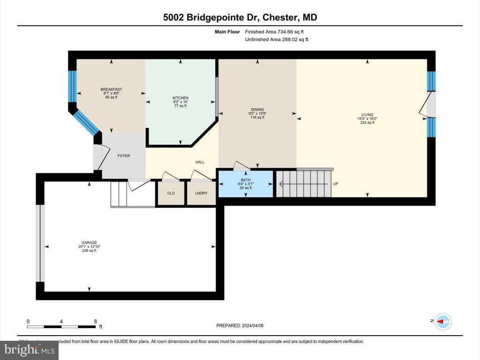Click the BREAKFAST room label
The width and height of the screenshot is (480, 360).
(111, 90)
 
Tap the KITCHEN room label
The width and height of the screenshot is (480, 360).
(180, 98)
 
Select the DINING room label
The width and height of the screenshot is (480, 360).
(257, 109)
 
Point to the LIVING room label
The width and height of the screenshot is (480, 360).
(367, 114)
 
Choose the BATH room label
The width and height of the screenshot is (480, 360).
(246, 180)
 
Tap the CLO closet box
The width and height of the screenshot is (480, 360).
(171, 193)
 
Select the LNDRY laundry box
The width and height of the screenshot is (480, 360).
(201, 193)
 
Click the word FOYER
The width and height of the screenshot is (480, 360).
(124, 156)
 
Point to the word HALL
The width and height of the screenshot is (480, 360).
(200, 162)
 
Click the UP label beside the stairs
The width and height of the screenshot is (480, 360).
(335, 184)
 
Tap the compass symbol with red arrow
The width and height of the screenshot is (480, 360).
(443, 321)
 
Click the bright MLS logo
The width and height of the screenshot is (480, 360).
(29, 349)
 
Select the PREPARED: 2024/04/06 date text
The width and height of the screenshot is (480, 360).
(243, 326)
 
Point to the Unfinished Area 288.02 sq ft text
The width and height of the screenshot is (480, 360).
(277, 40)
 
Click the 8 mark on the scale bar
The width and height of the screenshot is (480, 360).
(96, 322)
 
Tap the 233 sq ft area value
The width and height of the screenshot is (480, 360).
(367, 123)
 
